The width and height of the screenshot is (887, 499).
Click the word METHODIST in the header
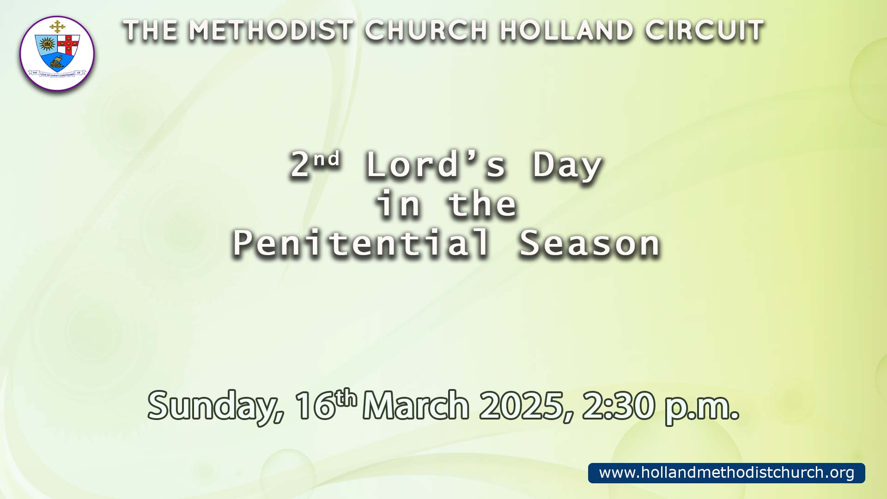pyautogui.click(x=271, y=31)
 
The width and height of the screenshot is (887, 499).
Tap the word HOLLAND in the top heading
pyautogui.click(x=566, y=31)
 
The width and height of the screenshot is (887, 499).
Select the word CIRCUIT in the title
pyautogui.click(x=705, y=31)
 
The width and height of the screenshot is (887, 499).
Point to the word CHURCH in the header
pyautogui.click(x=426, y=31)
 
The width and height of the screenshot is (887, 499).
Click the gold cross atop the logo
pyautogui.click(x=57, y=27)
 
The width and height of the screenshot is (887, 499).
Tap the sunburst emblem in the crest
pyautogui.click(x=47, y=45)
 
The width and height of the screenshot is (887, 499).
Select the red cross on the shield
pyautogui.click(x=68, y=44)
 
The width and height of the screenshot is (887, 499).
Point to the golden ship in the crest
pyautogui.click(x=56, y=62)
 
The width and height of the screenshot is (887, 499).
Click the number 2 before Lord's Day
pyautogui.click(x=300, y=165)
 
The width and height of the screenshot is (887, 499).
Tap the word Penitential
pyautogui.click(x=361, y=243)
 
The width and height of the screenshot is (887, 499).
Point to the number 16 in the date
pyautogui.click(x=315, y=406)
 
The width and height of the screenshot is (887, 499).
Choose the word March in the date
pyautogui.click(x=416, y=405)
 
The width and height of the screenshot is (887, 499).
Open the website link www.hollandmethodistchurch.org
pyautogui.click(x=727, y=473)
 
